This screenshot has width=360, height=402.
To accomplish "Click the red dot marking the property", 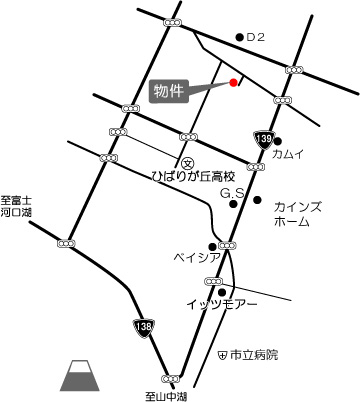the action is tap(233, 83).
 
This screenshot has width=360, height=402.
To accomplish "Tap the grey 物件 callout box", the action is tap(170, 91).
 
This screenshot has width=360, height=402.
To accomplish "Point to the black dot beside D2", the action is tap(238, 38).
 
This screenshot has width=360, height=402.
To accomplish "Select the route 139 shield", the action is tap(263, 139).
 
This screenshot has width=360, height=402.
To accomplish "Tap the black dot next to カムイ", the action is tap(278, 141).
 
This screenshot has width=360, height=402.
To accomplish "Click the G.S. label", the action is tap(233, 192).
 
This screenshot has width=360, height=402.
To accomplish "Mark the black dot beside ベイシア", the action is tap(212, 247).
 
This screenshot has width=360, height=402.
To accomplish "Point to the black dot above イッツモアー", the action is tap(222, 292).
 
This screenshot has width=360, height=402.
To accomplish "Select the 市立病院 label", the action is tap(255, 355).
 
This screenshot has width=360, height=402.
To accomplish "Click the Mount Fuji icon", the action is tap(78, 376).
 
